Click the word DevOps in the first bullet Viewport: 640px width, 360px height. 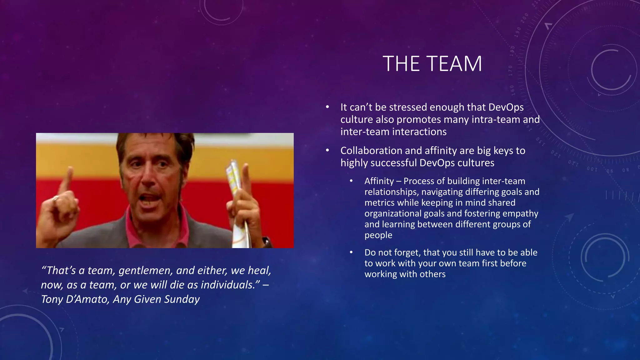click(x=506, y=107)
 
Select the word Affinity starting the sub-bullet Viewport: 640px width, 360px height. click(x=379, y=181)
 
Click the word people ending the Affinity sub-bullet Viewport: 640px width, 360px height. click(x=378, y=235)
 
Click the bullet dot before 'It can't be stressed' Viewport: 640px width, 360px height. click(x=327, y=107)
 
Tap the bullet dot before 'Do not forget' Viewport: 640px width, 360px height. click(x=351, y=252)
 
